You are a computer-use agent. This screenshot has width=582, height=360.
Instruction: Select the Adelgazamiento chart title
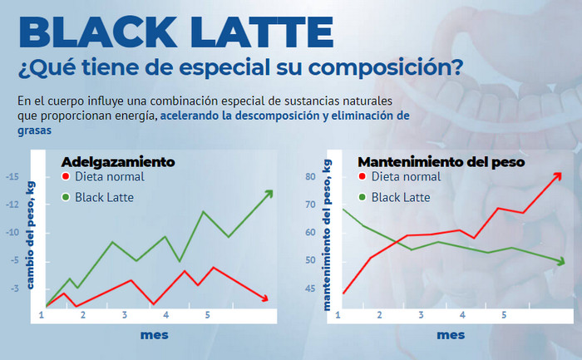(x=116, y=161)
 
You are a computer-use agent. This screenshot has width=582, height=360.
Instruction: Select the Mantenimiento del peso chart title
(x=441, y=162)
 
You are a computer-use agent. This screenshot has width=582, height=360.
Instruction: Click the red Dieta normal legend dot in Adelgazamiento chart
(x=65, y=176)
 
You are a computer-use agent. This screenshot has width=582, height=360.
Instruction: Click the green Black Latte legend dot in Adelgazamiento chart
(x=65, y=197)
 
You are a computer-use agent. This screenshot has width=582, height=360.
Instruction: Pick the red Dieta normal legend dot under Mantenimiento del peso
(x=362, y=176)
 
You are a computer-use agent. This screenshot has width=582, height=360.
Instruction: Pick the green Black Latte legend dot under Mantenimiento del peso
(x=362, y=197)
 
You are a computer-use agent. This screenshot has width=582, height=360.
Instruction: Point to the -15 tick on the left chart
(x=12, y=177)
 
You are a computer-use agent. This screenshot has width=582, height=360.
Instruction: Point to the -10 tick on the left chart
(x=12, y=232)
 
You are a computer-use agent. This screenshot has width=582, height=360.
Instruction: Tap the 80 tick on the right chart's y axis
(x=310, y=177)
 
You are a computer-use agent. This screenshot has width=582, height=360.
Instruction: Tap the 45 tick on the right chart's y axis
(x=310, y=288)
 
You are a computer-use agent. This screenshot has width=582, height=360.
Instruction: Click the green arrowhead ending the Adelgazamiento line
(x=269, y=194)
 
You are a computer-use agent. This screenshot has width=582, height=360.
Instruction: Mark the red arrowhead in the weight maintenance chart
(x=559, y=175)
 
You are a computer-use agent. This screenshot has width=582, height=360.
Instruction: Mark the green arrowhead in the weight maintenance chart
(x=560, y=262)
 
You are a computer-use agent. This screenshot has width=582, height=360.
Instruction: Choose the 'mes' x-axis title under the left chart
(x=152, y=335)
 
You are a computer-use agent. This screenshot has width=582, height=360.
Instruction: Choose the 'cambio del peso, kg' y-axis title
(x=31, y=237)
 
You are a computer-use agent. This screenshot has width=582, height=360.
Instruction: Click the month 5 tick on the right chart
(x=504, y=315)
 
